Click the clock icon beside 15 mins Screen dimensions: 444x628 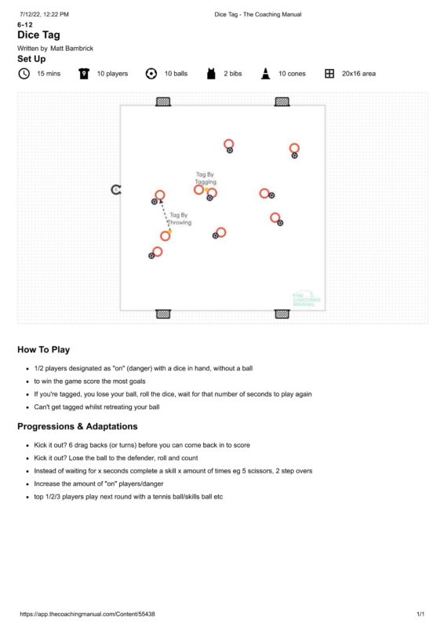[24, 74]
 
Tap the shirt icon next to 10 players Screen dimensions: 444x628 [84, 74]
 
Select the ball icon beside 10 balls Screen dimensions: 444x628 [151, 74]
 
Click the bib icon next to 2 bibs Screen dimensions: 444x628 [211, 74]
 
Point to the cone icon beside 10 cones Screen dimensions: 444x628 [265, 74]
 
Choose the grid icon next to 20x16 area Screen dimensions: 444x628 [329, 74]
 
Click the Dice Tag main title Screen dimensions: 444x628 [39, 35]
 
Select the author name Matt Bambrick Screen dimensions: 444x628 [71, 49]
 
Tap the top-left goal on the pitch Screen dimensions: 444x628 [163, 102]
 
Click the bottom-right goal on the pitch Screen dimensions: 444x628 [282, 314]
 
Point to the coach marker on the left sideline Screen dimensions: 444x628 [115, 189]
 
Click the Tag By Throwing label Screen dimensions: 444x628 [180, 219]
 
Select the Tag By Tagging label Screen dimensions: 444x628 [206, 178]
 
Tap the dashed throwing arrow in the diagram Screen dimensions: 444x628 [166, 216]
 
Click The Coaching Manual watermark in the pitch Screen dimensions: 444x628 [306, 299]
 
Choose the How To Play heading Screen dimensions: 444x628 [44, 349]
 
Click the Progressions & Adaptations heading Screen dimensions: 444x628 [78, 426]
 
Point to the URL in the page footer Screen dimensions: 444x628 [87, 614]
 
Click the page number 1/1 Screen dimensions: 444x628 [420, 614]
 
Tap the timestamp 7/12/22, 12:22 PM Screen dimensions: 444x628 [44, 14]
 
